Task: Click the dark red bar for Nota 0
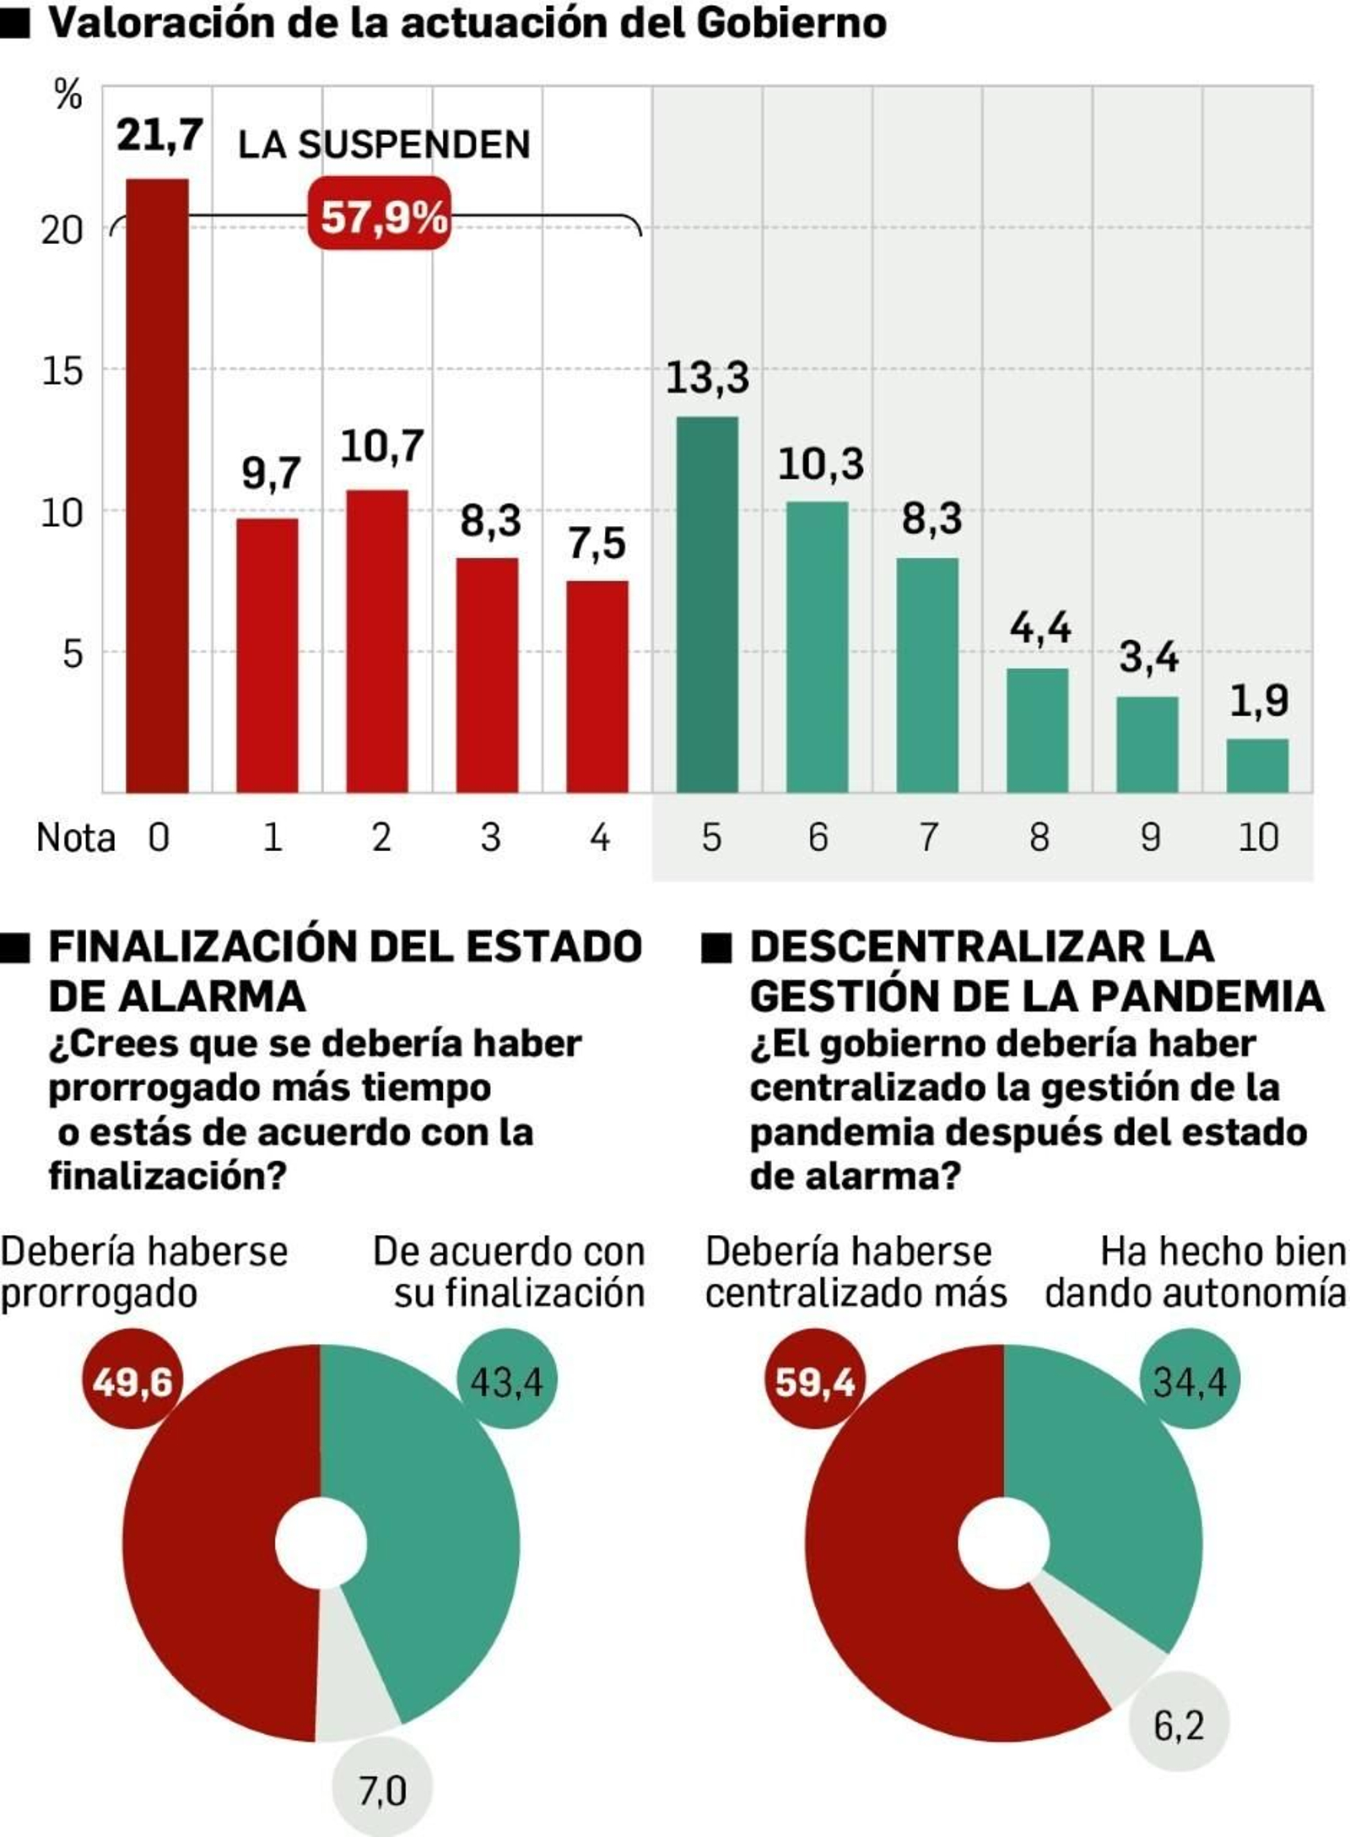pos(157,485)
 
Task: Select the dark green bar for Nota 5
pos(707,604)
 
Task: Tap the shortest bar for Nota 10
pos(1257,765)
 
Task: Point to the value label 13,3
pos(707,377)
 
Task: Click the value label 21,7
pos(159,135)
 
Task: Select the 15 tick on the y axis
pos(62,371)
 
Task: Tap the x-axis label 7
pos(928,837)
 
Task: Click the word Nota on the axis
pos(76,837)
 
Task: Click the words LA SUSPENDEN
pos(384,145)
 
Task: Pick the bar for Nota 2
pos(377,641)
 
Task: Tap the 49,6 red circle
pos(132,1382)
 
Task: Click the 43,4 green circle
pos(506,1382)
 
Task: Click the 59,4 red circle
pos(815,1382)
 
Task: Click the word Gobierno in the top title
pos(791,23)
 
